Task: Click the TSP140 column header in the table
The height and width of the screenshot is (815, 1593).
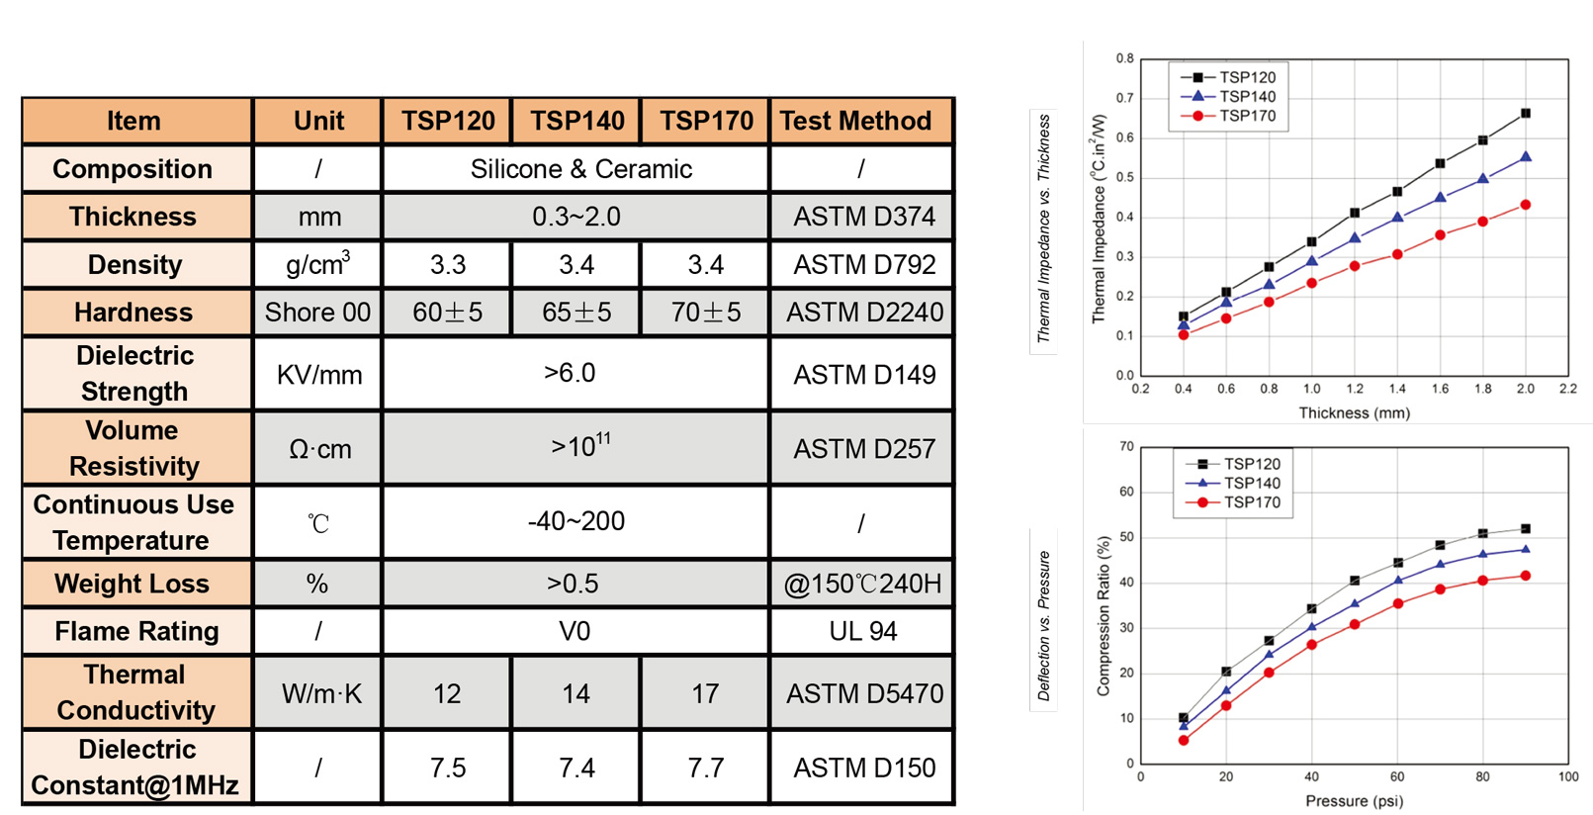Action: pyautogui.click(x=576, y=121)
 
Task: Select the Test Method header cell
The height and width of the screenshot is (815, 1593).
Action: pyautogui.click(x=856, y=121)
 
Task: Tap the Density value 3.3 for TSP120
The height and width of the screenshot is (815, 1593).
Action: pyautogui.click(x=447, y=265)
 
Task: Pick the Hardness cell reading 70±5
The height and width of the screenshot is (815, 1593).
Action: pyautogui.click(x=705, y=313)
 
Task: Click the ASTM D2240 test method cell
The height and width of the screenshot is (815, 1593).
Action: pyautogui.click(x=864, y=313)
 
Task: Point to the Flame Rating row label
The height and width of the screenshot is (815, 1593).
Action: pyautogui.click(x=136, y=631)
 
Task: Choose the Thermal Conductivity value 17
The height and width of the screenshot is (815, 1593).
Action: pyautogui.click(x=705, y=693)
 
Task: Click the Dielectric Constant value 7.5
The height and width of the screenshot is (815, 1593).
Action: pyautogui.click(x=447, y=768)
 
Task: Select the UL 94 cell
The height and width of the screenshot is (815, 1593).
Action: pyautogui.click(x=863, y=631)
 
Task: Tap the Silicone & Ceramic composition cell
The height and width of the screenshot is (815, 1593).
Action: pyautogui.click(x=580, y=169)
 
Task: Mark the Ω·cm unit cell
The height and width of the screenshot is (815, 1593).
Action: pyautogui.click(x=319, y=449)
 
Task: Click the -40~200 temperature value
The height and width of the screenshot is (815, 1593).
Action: pyautogui.click(x=575, y=521)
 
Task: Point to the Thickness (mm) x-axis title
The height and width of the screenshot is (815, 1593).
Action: pyautogui.click(x=1354, y=412)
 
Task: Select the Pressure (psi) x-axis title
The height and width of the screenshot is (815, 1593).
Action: pyautogui.click(x=1354, y=800)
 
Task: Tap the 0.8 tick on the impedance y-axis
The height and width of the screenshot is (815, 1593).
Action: pyautogui.click(x=1125, y=58)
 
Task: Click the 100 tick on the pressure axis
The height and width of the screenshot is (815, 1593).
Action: pyautogui.click(x=1568, y=776)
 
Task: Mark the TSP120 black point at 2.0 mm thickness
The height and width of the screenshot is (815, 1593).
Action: pyautogui.click(x=1526, y=114)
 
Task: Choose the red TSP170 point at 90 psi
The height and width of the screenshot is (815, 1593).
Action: pyautogui.click(x=1526, y=576)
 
